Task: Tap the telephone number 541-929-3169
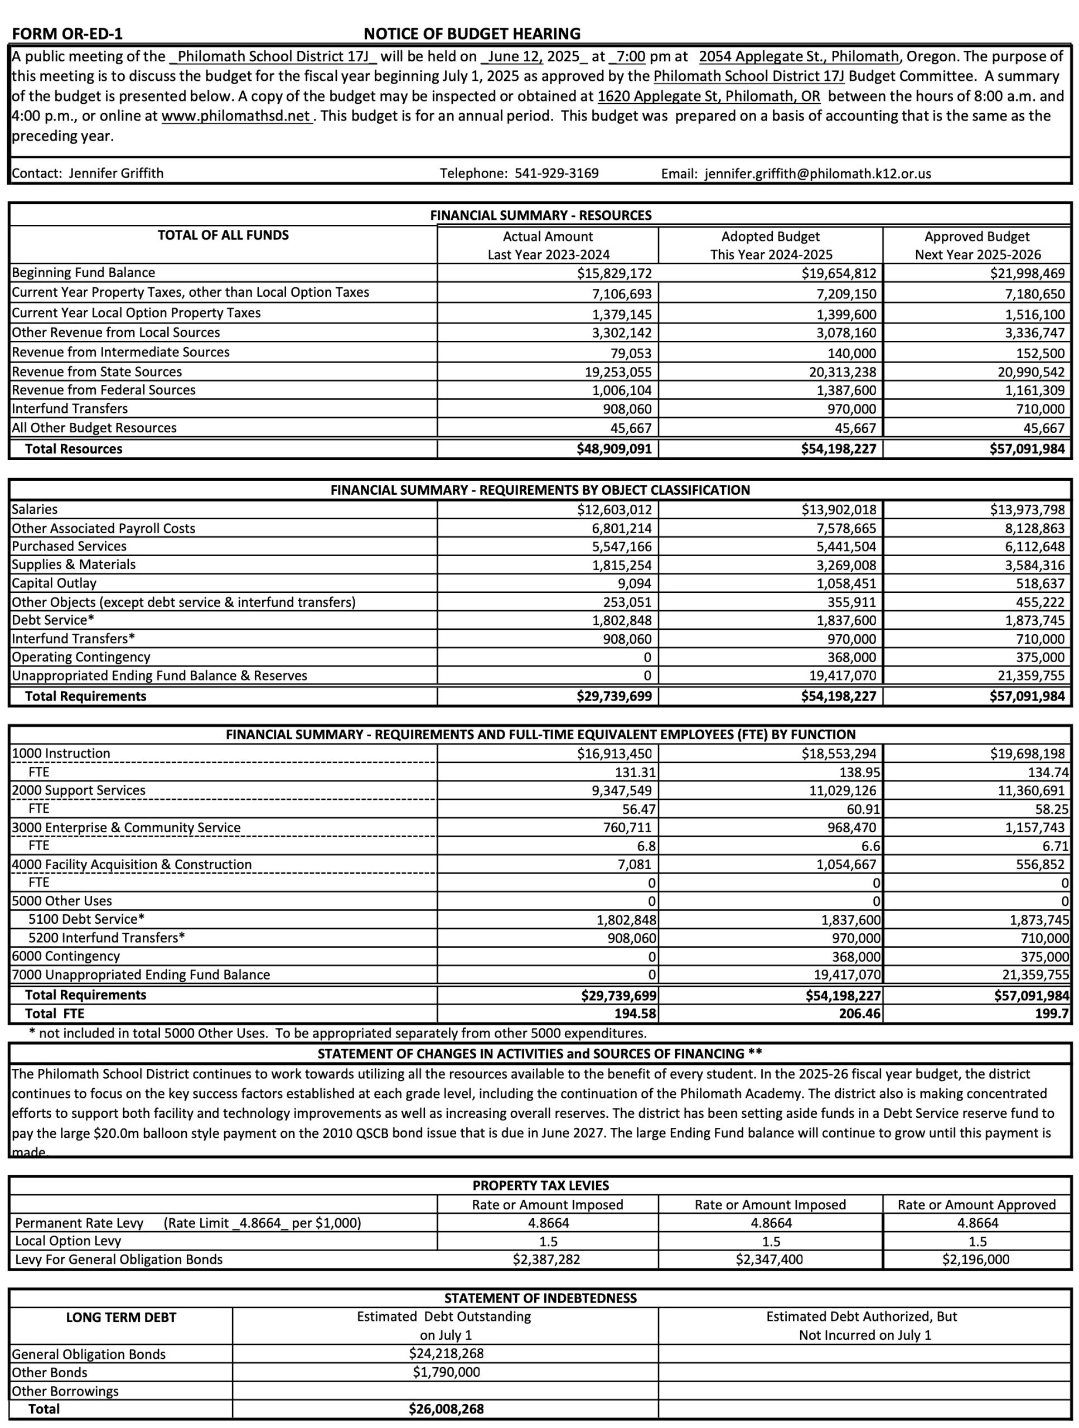557,173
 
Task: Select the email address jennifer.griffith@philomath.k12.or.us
817,173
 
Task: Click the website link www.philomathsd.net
236,116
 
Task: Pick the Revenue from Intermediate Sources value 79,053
631,353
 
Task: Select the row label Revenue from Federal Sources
103,390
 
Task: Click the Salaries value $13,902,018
838,509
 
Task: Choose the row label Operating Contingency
81,657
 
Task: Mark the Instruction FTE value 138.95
859,772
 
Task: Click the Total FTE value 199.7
1051,1014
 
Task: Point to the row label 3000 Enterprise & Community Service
126,828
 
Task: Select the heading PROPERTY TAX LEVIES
540,1185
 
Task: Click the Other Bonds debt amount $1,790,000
446,1372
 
